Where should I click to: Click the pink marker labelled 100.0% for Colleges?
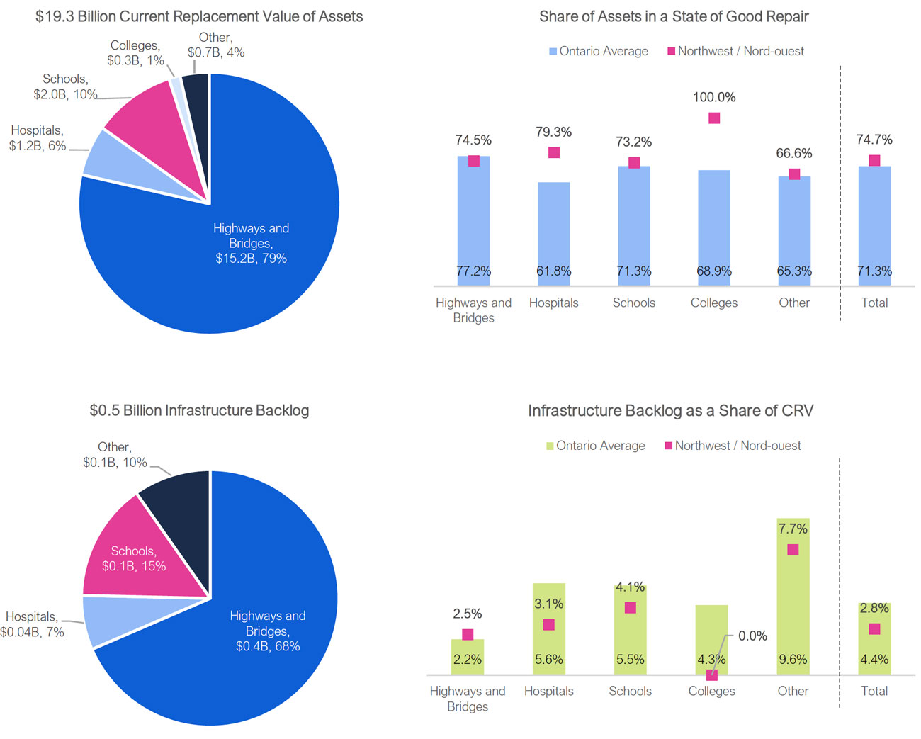coord(714,118)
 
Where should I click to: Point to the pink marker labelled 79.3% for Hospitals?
coord(554,152)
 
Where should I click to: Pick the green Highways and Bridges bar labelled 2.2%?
coord(468,655)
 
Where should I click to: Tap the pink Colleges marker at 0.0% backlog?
coord(711,675)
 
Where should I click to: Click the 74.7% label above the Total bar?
coord(874,140)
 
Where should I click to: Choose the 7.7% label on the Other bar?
coord(793,529)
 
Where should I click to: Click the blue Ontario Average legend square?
coord(553,52)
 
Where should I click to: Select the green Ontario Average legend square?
coord(550,446)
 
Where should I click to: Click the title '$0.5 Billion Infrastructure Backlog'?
coord(199,410)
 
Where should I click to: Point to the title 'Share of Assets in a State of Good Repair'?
coord(674,16)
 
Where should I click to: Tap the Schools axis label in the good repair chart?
coord(634,303)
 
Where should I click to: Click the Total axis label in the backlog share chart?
coord(874,691)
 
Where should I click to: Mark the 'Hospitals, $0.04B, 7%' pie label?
coord(32,624)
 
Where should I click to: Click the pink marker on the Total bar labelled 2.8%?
coord(874,629)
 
